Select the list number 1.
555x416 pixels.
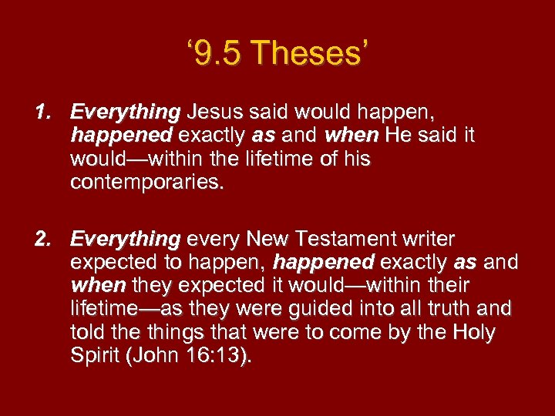pyautogui.click(x=43, y=112)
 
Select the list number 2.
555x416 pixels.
pyautogui.click(x=43, y=240)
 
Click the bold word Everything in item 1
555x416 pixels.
pyautogui.click(x=125, y=113)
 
